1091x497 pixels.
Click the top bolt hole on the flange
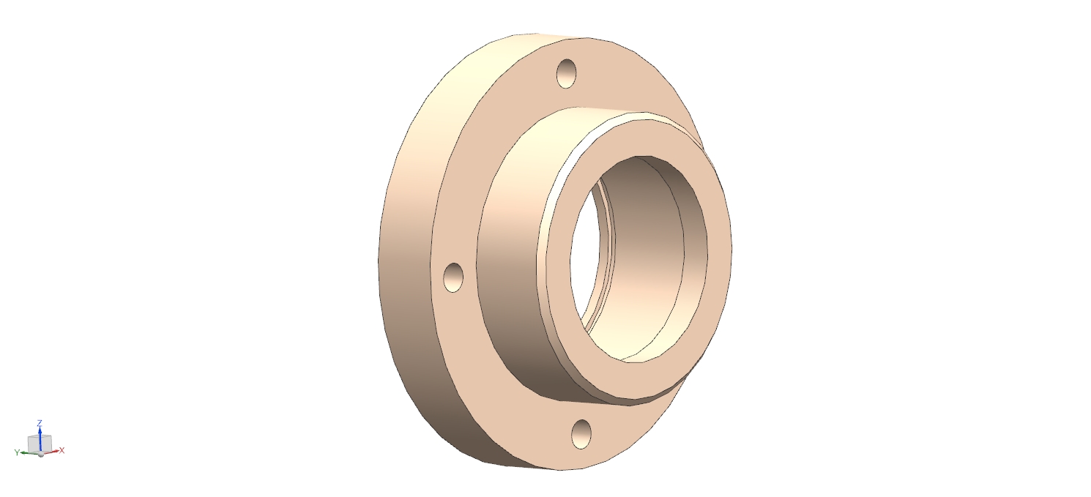(x=566, y=73)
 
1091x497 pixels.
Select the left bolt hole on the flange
(x=453, y=277)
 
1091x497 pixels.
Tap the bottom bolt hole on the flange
(x=581, y=434)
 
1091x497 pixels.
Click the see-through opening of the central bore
(x=584, y=258)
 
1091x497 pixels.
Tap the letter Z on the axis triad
(x=40, y=422)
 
